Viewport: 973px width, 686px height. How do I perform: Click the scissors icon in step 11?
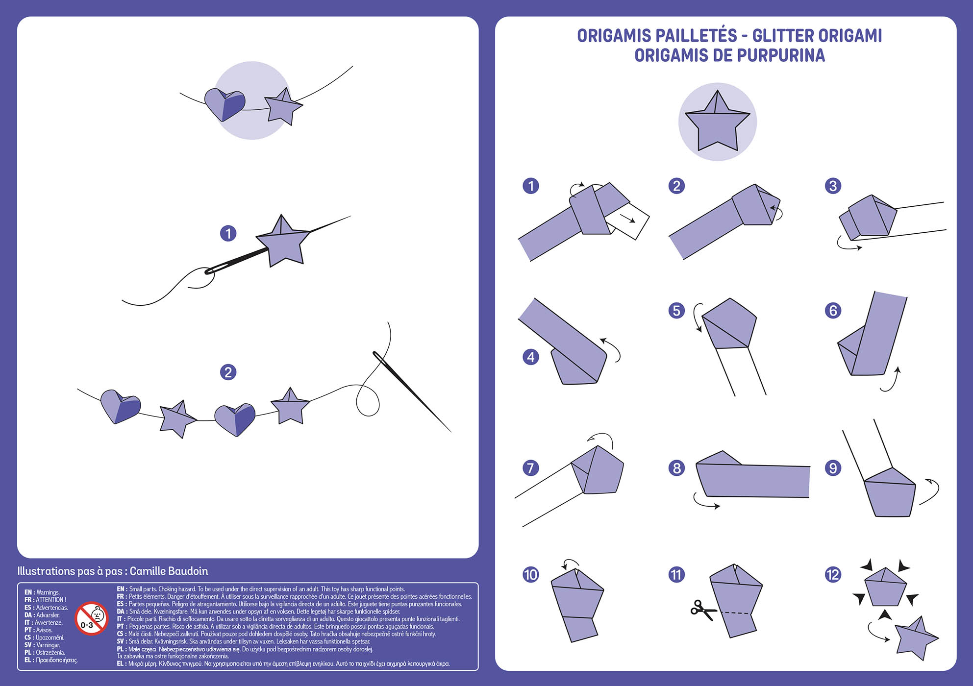702,610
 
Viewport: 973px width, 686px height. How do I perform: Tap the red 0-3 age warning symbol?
91,618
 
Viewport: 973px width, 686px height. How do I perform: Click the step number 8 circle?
676,468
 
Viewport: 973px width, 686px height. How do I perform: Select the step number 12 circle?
833,574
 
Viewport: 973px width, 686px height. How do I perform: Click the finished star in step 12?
916,638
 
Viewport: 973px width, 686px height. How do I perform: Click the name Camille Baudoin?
169,571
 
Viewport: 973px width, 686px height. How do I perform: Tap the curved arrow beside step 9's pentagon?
930,491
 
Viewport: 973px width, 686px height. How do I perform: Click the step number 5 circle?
676,310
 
